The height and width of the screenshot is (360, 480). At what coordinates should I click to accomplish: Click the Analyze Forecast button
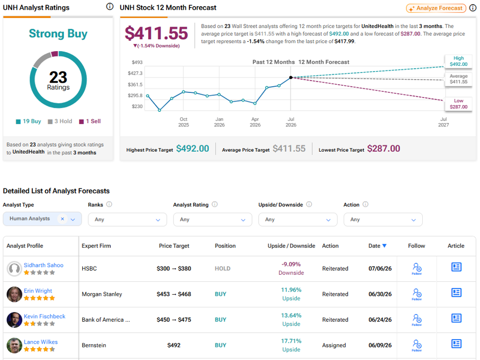click(436, 8)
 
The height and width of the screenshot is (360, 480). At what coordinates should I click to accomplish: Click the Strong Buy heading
click(58, 33)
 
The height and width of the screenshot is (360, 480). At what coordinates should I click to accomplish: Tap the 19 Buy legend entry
click(29, 121)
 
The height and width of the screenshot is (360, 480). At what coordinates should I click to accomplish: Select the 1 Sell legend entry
click(90, 121)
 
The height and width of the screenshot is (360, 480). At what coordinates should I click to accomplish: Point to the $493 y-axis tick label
click(137, 62)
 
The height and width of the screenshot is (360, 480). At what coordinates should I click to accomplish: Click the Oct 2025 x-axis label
click(184, 122)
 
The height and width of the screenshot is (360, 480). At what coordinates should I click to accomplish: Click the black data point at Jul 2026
click(291, 78)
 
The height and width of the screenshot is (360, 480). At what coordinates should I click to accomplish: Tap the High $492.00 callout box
click(458, 61)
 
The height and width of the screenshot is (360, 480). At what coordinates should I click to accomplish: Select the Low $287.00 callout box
click(458, 104)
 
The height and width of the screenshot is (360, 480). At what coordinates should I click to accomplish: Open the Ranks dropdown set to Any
click(127, 220)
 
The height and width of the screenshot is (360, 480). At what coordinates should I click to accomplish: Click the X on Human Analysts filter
click(62, 219)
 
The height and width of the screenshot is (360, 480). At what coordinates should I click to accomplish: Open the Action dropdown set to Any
click(383, 220)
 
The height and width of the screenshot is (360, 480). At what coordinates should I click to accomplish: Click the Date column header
click(377, 246)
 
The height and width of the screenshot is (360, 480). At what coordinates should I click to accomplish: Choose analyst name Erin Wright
click(38, 291)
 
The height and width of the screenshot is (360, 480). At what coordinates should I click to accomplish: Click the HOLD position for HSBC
click(223, 269)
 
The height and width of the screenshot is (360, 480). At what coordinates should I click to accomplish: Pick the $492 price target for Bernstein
click(174, 345)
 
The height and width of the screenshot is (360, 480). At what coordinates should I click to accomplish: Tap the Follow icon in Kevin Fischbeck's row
click(417, 320)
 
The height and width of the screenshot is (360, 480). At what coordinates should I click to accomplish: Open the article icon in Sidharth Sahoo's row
click(456, 267)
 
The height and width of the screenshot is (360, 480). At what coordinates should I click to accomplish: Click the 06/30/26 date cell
click(380, 294)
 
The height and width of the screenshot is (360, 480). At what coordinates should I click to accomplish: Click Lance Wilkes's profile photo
click(14, 345)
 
